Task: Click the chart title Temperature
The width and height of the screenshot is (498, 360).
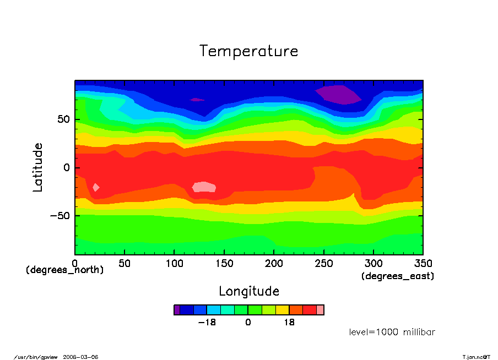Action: pyautogui.click(x=249, y=51)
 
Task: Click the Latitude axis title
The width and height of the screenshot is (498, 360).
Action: pyautogui.click(x=37, y=167)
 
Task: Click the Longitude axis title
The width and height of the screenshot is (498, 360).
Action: pyautogui.click(x=249, y=291)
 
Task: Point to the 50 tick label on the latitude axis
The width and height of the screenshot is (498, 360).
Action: pyautogui.click(x=64, y=119)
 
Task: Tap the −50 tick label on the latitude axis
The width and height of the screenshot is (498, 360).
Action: pyautogui.click(x=60, y=215)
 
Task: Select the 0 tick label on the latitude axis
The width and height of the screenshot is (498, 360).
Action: pyautogui.click(x=68, y=167)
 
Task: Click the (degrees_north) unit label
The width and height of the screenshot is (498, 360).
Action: pyautogui.click(x=65, y=270)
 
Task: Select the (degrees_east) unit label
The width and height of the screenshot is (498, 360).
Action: pyautogui.click(x=398, y=276)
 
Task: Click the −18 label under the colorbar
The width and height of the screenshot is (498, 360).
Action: pyautogui.click(x=207, y=323)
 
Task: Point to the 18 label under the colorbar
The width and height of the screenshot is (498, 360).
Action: pyautogui.click(x=289, y=323)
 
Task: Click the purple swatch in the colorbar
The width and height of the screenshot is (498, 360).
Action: pyautogui.click(x=177, y=310)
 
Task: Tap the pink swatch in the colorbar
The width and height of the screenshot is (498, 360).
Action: pyautogui.click(x=320, y=310)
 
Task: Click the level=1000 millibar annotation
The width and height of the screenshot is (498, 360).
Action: pyautogui.click(x=392, y=332)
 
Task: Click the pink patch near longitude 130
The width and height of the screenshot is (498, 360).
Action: pyautogui.click(x=204, y=187)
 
